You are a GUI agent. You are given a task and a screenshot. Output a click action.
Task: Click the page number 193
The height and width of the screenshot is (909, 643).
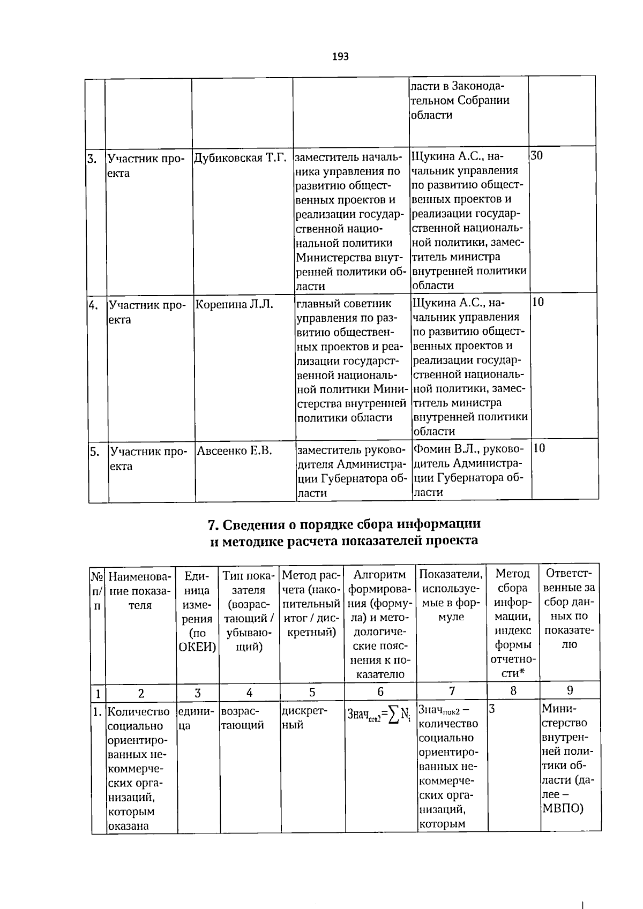tap(340, 56)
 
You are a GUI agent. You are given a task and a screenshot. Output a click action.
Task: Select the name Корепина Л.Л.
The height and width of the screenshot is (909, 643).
tap(234, 305)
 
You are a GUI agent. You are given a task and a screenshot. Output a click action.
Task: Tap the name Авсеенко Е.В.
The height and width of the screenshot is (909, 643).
tap(235, 451)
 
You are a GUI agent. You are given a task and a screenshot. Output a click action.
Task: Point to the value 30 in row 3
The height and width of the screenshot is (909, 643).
tap(536, 156)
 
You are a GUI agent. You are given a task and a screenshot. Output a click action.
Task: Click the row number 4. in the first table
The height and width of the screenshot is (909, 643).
tap(94, 305)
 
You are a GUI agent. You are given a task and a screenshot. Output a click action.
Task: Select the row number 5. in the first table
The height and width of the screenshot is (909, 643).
tap(94, 452)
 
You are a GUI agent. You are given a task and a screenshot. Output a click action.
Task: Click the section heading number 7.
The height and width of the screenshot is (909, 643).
tap(212, 524)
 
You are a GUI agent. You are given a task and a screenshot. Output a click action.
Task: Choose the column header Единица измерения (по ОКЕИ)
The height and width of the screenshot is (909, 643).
tap(197, 611)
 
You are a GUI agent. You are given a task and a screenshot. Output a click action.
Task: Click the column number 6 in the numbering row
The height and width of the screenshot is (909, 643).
tap(380, 692)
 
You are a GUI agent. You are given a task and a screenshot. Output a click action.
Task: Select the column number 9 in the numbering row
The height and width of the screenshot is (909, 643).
tap(570, 690)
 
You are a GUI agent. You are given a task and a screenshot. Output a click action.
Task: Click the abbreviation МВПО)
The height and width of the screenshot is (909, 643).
tap(563, 822)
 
